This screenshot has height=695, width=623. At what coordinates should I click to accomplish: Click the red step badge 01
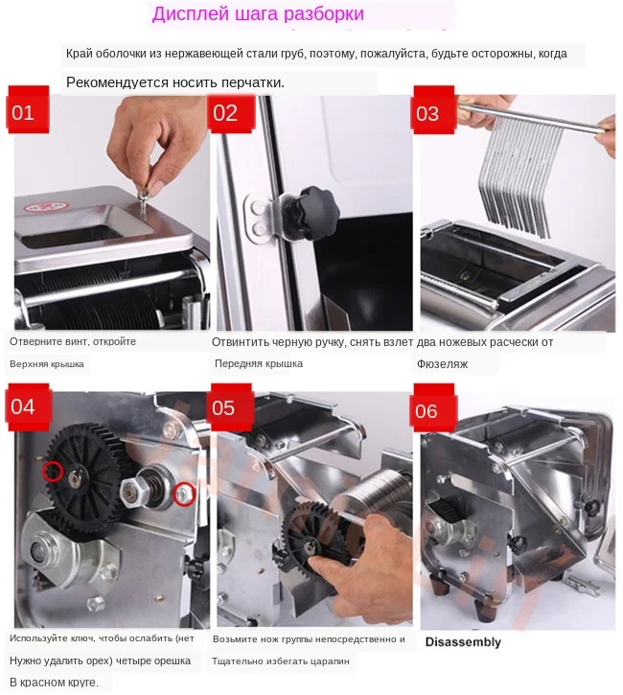23,113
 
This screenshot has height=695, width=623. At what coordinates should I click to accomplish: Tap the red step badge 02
225,113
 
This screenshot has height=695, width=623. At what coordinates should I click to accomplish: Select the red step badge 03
427,114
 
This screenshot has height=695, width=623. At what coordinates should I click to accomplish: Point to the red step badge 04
23,406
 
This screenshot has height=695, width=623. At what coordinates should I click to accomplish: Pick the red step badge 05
223,408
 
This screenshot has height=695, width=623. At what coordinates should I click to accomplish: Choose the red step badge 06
427,411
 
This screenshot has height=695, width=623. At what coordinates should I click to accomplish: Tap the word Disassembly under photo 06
462,641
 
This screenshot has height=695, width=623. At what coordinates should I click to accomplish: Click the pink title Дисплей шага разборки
258,16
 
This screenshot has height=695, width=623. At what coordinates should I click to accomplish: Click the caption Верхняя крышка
47,364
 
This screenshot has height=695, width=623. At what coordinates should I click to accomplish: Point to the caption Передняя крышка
259,364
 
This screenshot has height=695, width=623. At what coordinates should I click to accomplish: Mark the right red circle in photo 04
185,494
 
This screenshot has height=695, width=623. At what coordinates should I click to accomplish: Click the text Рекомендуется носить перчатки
174,83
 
